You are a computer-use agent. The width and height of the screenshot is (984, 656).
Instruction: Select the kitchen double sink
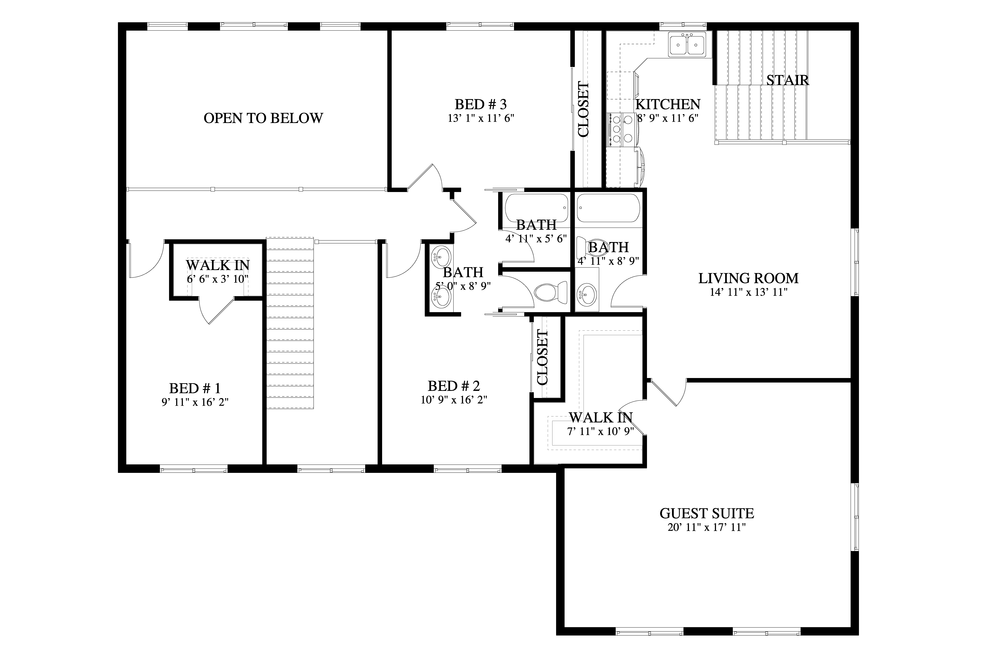pos(687,44)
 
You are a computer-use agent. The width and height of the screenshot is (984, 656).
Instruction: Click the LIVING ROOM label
pos(749,278)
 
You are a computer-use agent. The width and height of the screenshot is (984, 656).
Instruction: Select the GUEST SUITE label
pos(707,513)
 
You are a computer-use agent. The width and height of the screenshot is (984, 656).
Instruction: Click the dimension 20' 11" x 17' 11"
pos(707,528)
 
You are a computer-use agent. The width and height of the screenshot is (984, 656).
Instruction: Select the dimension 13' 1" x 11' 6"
pos(481,118)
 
